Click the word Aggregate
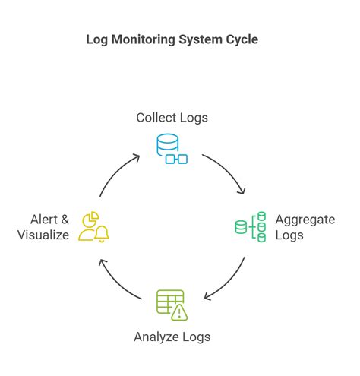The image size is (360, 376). tap(305, 220)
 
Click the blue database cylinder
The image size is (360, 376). tap(166, 145)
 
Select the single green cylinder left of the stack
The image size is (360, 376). tap(241, 226)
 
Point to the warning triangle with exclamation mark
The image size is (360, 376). tap(179, 311)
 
